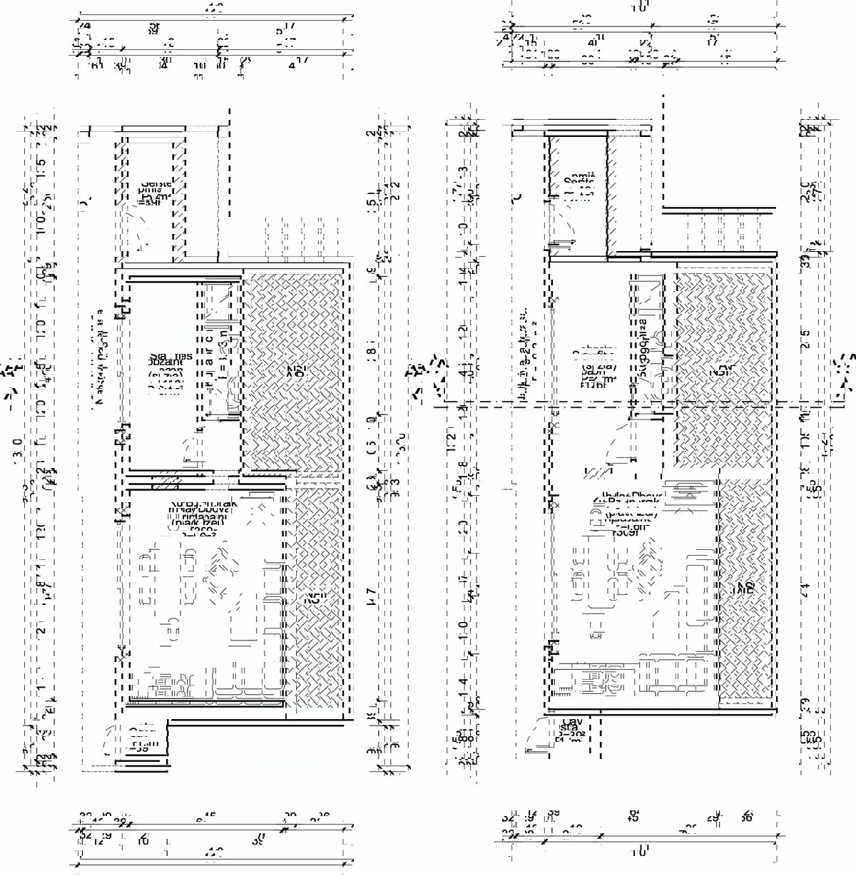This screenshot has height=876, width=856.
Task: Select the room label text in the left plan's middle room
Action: pos(167,372)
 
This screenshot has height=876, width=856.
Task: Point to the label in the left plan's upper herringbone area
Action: pos(295,370)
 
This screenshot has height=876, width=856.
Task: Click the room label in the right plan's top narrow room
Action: pos(578,187)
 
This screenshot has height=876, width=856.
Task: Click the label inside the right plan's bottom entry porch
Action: pos(571,733)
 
